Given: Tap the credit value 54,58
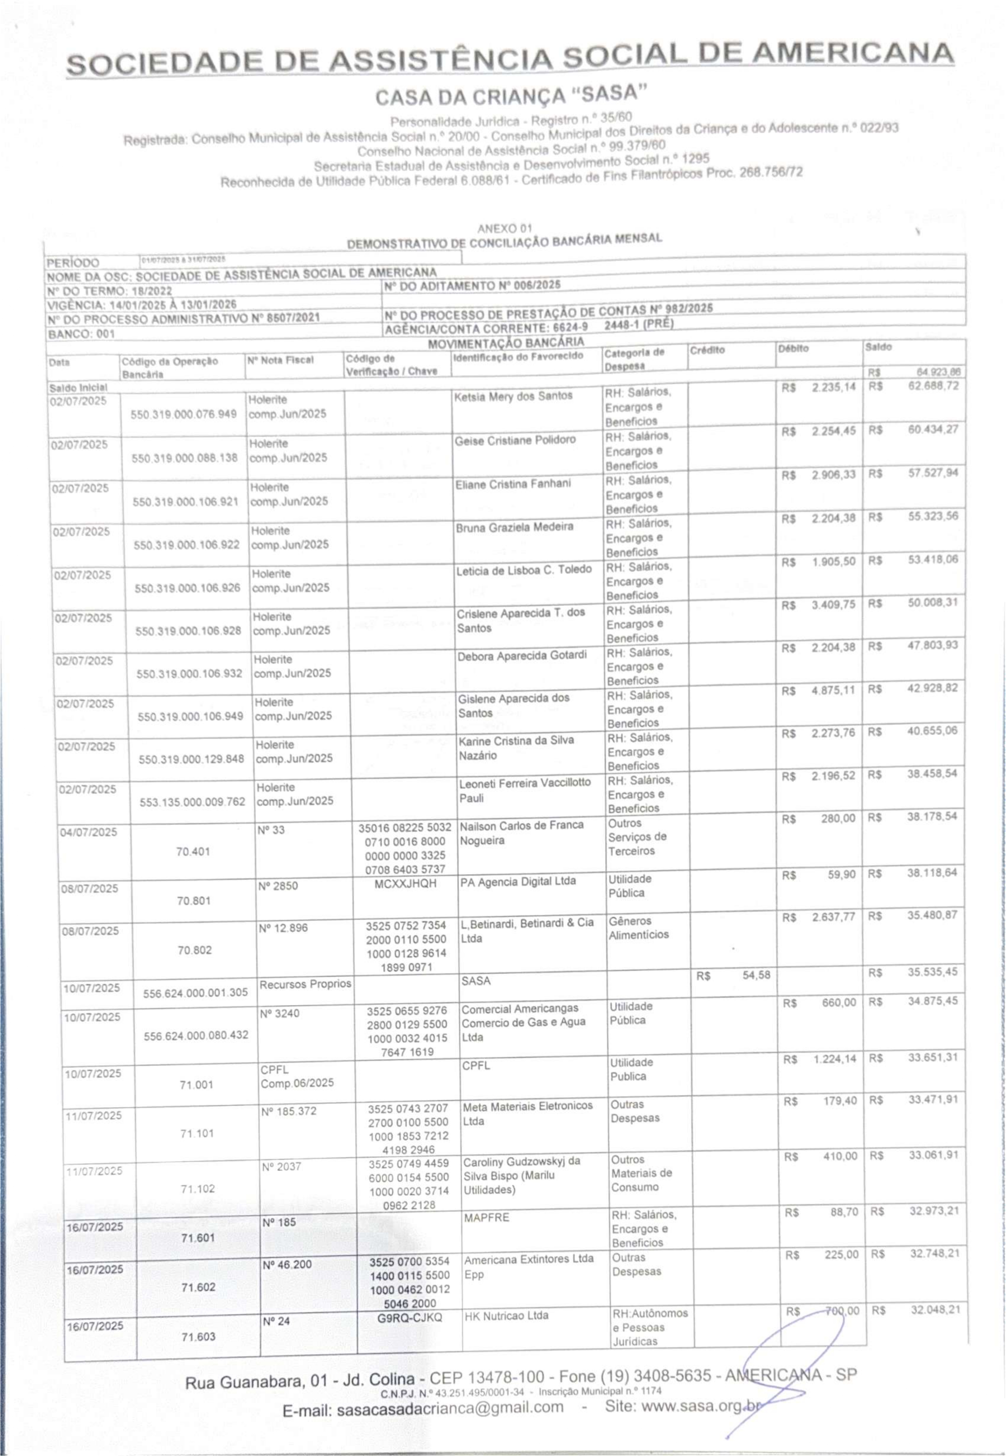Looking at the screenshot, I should tap(755, 975).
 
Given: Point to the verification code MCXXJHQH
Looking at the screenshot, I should tap(405, 883).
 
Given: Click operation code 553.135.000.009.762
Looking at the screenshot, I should tap(192, 802).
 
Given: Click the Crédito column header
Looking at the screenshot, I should tap(707, 350).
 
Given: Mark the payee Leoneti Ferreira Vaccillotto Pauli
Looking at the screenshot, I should tap(524, 790).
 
